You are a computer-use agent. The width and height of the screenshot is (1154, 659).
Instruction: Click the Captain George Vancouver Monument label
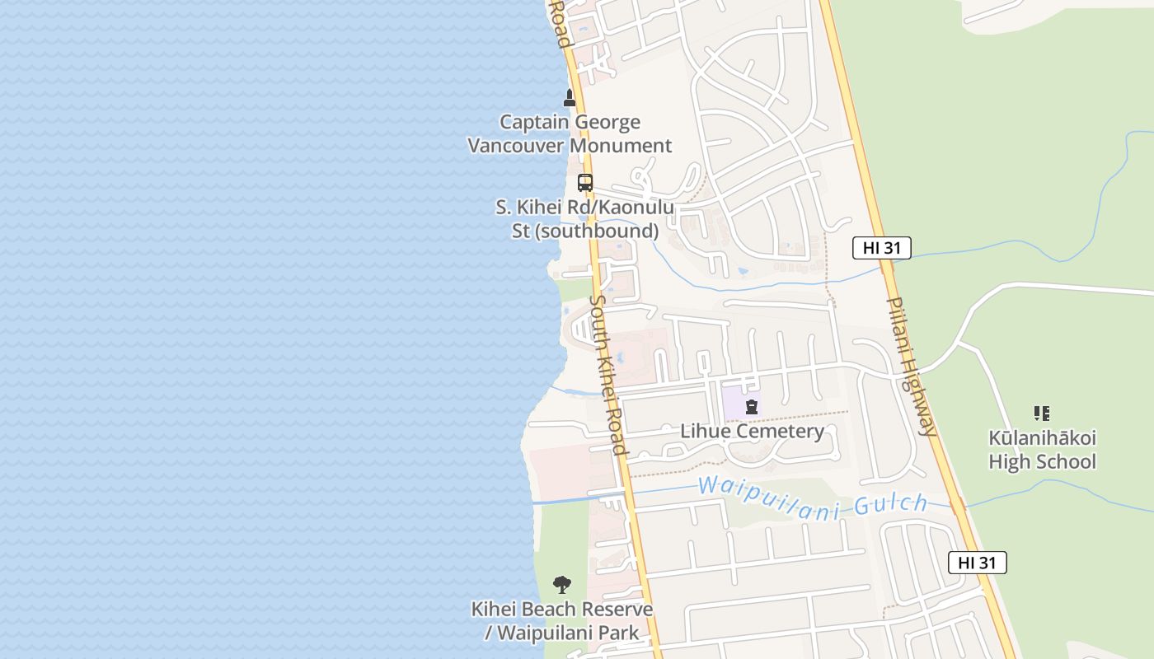570,133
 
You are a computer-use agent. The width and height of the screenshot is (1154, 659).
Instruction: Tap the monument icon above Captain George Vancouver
569,98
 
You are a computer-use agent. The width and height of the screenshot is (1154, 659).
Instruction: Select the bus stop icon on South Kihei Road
585,183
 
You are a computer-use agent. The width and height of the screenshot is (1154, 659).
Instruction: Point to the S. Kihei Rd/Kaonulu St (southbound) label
584,219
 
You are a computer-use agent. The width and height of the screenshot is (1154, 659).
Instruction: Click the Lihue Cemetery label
752,431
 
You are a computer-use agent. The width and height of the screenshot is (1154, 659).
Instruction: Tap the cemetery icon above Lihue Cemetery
752,407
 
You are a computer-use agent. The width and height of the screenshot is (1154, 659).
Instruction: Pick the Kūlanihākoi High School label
1042,449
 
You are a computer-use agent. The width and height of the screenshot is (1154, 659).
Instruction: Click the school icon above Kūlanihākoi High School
1042,414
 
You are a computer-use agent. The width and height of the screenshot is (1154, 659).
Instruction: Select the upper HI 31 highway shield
881,248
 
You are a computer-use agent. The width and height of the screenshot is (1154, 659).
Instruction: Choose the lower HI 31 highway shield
977,563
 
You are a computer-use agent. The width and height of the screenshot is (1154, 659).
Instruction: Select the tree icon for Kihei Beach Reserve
562,585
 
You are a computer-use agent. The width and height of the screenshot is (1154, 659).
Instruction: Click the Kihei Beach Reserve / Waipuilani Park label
562,621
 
